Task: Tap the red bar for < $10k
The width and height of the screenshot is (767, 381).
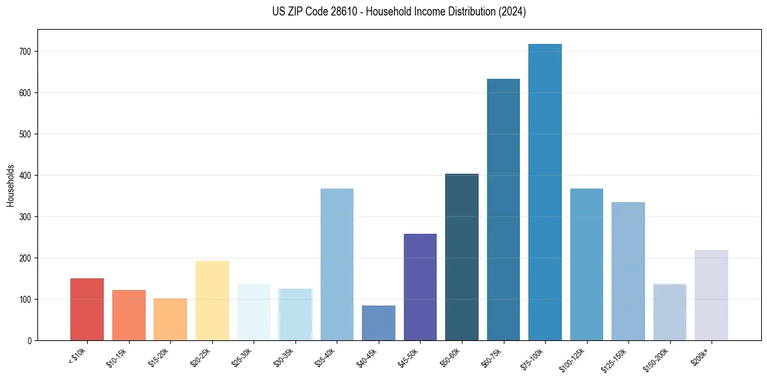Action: [87, 309]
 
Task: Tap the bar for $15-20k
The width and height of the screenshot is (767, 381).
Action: [170, 319]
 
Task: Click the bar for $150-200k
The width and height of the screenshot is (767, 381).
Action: [670, 312]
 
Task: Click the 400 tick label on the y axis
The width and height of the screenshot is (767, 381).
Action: [28, 176]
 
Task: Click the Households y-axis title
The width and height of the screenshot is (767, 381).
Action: [10, 185]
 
